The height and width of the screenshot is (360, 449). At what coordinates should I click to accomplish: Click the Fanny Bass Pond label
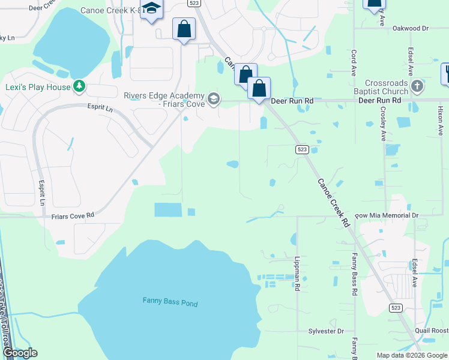170,302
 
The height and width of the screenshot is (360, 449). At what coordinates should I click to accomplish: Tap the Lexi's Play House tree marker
79,87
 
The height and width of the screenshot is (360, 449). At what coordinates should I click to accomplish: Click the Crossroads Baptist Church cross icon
418,87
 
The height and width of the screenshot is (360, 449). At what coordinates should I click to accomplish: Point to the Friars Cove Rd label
73,215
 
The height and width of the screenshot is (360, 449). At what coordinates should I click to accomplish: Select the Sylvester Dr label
326,331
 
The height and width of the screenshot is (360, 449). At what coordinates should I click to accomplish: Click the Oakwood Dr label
410,28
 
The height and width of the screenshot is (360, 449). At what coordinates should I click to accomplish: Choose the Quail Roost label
431,330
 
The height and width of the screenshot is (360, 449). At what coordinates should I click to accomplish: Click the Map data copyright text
411,355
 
